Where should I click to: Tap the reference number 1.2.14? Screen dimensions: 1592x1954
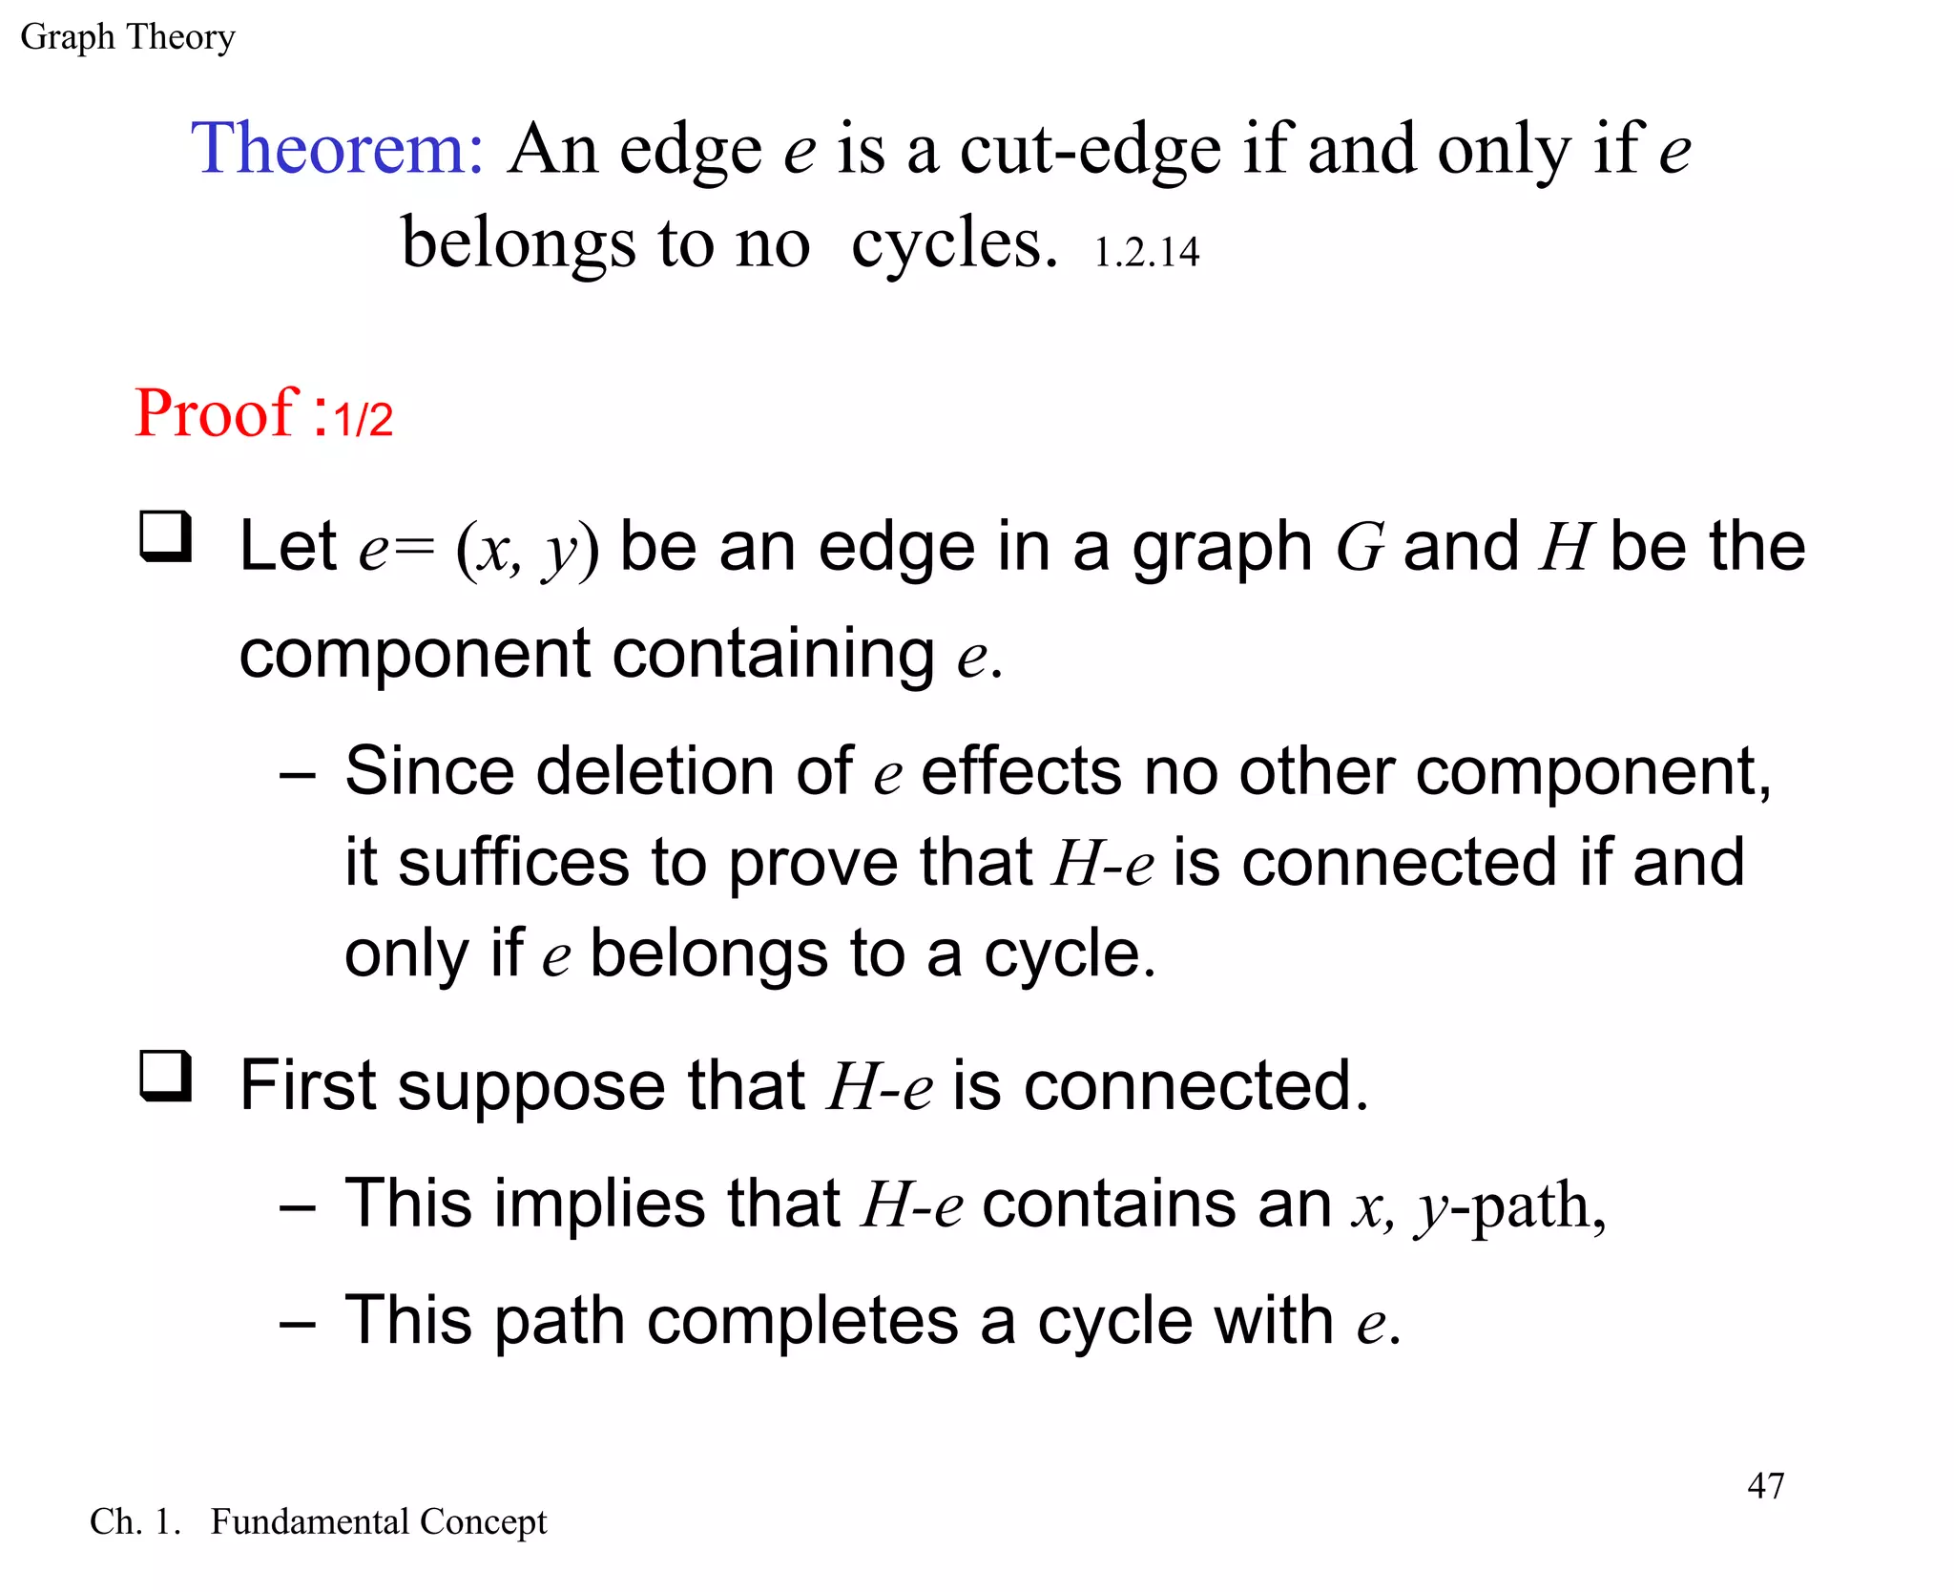coord(1145,253)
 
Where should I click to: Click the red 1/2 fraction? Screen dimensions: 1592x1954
coord(364,420)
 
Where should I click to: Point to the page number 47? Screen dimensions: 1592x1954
coord(1765,1485)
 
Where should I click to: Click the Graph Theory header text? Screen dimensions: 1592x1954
coord(127,37)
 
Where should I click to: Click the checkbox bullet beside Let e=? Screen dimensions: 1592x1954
coord(166,536)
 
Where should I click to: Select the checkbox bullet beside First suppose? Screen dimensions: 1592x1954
coord(166,1076)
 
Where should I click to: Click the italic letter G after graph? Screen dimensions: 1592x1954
coord(1360,548)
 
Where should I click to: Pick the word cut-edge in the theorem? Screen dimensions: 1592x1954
coord(1090,150)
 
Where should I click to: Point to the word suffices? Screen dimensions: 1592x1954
coord(513,862)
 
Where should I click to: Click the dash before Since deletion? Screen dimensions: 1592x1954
coord(297,776)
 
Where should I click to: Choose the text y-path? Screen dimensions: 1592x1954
coord(1509,1206)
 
